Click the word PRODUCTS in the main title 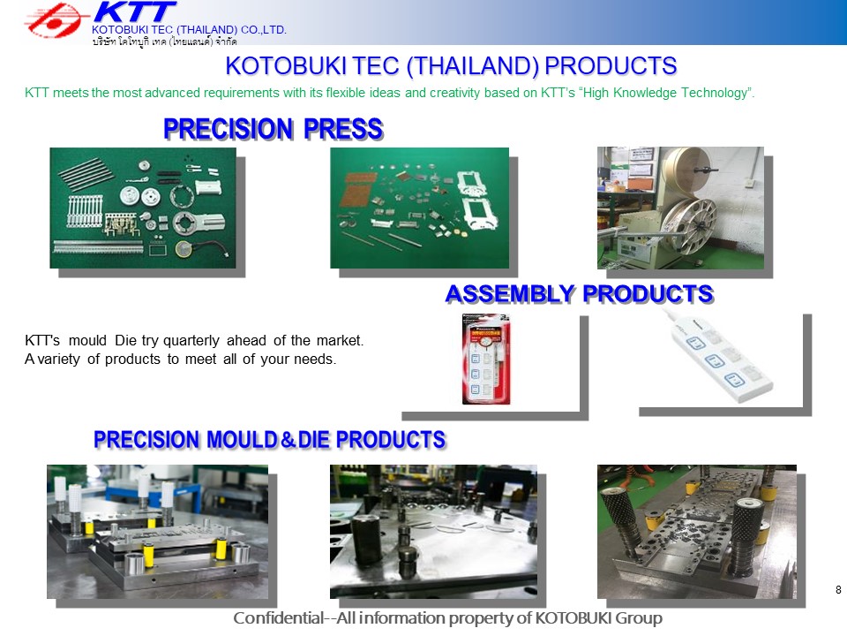pos(611,66)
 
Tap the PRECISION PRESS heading pos(274,129)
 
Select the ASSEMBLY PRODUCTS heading pos(580,293)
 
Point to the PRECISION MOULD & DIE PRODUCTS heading pos(270,440)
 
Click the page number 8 pos(838,589)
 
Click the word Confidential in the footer pos(278,617)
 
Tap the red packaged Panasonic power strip pos(486,359)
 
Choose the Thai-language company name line pos(164,42)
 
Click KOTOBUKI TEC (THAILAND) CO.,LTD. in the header pos(189,30)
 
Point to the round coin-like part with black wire pos(184,249)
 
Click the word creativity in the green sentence pos(455,93)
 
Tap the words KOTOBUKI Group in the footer pos(598,617)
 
